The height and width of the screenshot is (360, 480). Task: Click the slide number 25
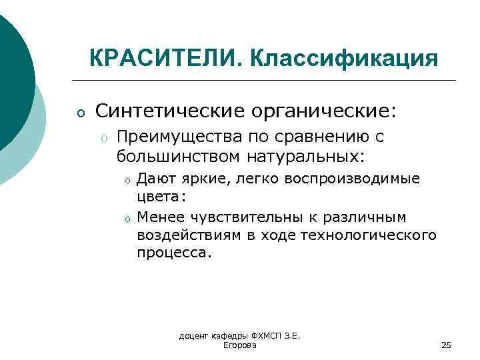coord(446,345)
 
